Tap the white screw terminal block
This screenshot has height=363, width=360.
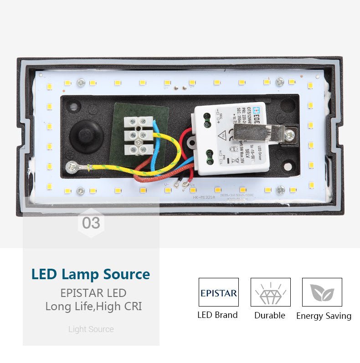click(x=138, y=136)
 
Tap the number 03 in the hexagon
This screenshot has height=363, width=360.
click(x=91, y=223)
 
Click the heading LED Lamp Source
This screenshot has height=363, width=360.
click(x=91, y=275)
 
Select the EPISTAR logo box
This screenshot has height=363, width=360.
click(x=218, y=292)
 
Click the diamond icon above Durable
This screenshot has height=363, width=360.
click(x=270, y=292)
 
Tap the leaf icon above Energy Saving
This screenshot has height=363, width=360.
click(x=322, y=292)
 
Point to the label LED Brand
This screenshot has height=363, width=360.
click(x=217, y=315)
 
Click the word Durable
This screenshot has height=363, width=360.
click(x=270, y=315)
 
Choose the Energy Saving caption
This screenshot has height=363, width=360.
click(x=324, y=316)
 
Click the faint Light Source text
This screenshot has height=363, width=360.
click(x=91, y=329)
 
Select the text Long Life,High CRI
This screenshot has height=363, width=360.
click(x=93, y=307)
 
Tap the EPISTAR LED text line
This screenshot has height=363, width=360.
click(x=93, y=293)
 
